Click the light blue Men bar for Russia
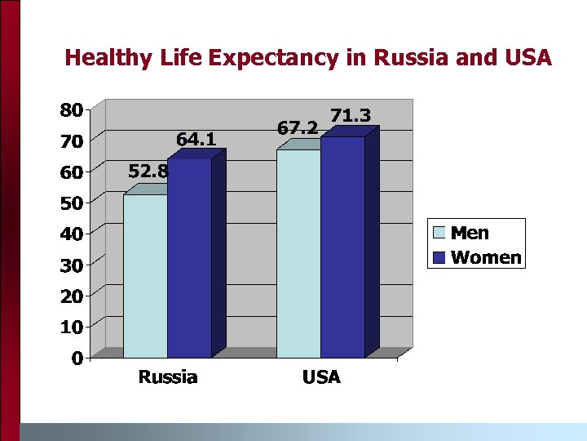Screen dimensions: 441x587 (145, 276)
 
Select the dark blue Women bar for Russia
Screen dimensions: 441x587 (189, 258)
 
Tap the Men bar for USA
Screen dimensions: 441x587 (298, 253)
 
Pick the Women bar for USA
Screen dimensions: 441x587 (342, 247)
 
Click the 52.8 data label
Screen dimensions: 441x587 (148, 171)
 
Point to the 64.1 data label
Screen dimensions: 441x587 (196, 140)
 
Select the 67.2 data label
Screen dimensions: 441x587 (298, 128)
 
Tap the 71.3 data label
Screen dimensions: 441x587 (351, 116)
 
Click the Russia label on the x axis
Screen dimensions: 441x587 (167, 377)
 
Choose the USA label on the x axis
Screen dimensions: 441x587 (320, 377)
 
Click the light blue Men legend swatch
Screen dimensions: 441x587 (439, 234)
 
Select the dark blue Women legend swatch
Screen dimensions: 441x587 (439, 258)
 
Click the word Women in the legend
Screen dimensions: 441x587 (486, 258)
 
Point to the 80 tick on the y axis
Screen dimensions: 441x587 (71, 110)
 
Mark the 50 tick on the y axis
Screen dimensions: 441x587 (71, 203)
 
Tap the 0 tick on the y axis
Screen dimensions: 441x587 (76, 359)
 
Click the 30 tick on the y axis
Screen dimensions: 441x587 (71, 265)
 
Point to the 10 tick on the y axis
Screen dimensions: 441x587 (71, 327)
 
